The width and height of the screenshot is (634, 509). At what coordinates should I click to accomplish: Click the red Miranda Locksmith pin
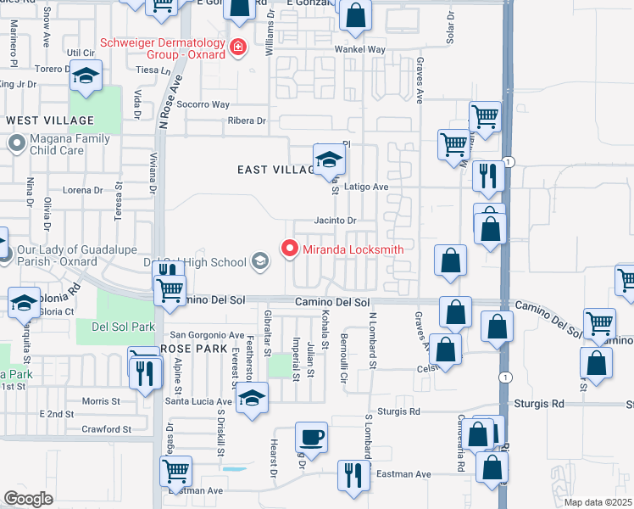290,249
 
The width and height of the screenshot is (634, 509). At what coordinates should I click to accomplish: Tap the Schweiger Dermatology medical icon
239,47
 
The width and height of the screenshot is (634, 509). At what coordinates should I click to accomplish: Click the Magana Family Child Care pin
16,144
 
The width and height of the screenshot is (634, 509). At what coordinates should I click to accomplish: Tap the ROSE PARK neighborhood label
193,349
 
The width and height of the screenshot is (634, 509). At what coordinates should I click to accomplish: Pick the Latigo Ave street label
366,187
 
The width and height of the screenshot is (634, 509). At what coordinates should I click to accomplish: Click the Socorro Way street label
203,104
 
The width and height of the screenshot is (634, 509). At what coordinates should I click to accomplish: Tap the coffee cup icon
311,439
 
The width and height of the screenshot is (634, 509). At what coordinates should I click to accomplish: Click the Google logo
28,498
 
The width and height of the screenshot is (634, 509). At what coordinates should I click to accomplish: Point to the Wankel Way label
359,49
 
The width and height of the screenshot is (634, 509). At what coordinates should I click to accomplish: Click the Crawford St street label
107,429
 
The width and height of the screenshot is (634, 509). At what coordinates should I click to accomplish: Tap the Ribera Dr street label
247,120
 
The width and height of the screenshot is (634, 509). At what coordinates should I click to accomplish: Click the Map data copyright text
598,502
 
